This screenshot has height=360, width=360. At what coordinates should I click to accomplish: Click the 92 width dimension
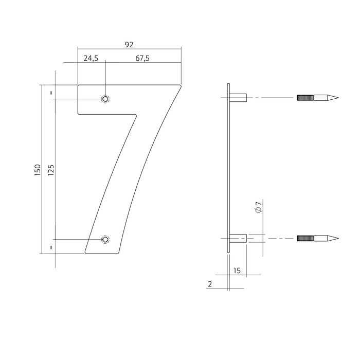[129, 44]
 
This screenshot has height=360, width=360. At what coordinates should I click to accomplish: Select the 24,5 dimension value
[91, 59]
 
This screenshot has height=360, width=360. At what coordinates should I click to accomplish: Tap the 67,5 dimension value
[142, 59]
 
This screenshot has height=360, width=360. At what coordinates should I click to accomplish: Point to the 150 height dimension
[37, 170]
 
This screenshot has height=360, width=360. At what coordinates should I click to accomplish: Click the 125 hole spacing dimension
[50, 170]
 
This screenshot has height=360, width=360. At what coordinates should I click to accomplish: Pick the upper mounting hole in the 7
[105, 99]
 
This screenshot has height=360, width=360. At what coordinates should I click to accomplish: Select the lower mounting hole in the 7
[105, 240]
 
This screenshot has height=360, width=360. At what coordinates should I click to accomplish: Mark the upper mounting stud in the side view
[239, 98]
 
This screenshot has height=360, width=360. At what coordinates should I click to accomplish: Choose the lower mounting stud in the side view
[239, 238]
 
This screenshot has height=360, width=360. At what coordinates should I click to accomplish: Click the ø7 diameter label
[258, 208]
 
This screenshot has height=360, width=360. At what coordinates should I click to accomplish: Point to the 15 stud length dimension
[237, 270]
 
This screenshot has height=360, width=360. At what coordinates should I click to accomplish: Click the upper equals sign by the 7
[50, 93]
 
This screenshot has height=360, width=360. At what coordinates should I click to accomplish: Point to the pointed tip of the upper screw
[337, 98]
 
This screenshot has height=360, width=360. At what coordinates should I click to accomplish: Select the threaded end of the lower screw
[304, 238]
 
